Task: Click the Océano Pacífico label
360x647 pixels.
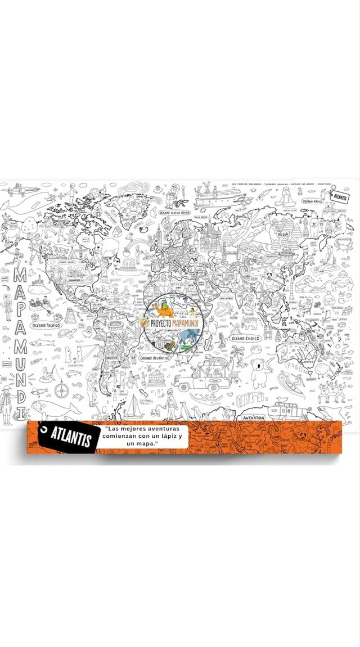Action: [x=46, y=325]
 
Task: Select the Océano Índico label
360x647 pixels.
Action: [x=245, y=338]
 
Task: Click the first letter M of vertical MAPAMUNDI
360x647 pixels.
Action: [x=19, y=276]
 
